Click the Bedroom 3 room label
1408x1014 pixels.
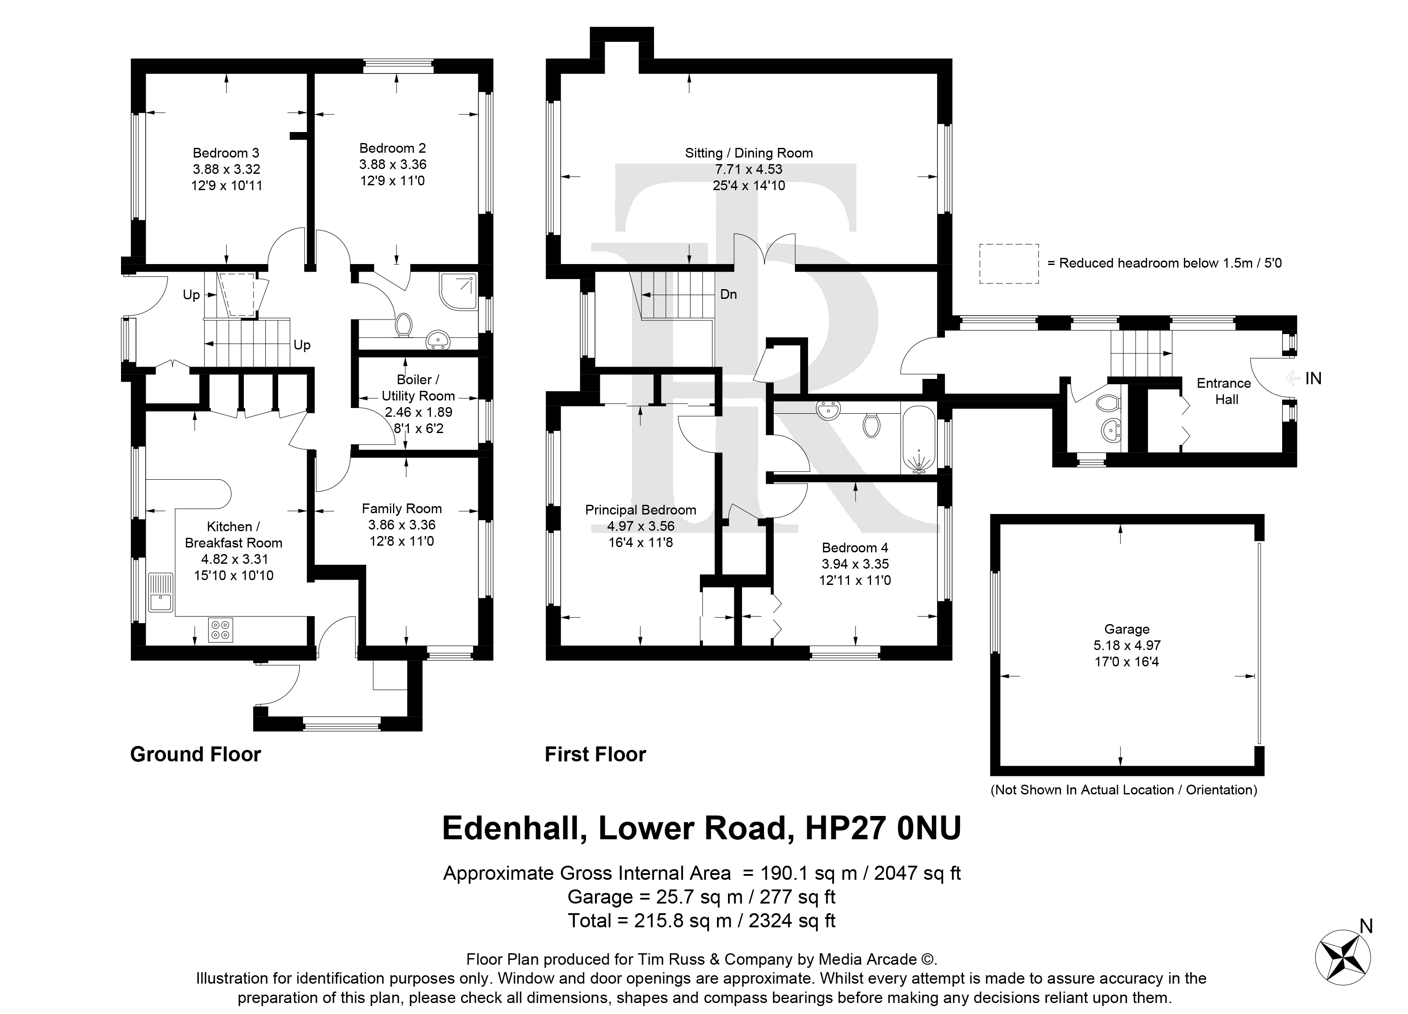tap(226, 153)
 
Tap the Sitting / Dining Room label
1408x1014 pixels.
tap(749, 153)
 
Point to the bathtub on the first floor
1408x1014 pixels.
tap(918, 440)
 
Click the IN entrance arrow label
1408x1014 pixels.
tap(1304, 378)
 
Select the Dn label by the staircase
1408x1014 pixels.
tap(728, 294)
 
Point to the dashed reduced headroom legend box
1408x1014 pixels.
tap(1009, 263)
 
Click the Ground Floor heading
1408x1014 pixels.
tap(195, 754)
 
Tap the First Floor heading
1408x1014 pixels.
tap(596, 754)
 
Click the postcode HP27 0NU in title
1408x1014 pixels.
tap(883, 828)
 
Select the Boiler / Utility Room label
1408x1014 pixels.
tap(418, 387)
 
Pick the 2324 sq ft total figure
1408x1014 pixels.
tap(792, 921)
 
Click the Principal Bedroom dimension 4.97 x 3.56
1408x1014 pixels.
tap(641, 526)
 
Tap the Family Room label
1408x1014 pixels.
tap(402, 509)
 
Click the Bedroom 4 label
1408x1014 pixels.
tap(855, 547)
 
